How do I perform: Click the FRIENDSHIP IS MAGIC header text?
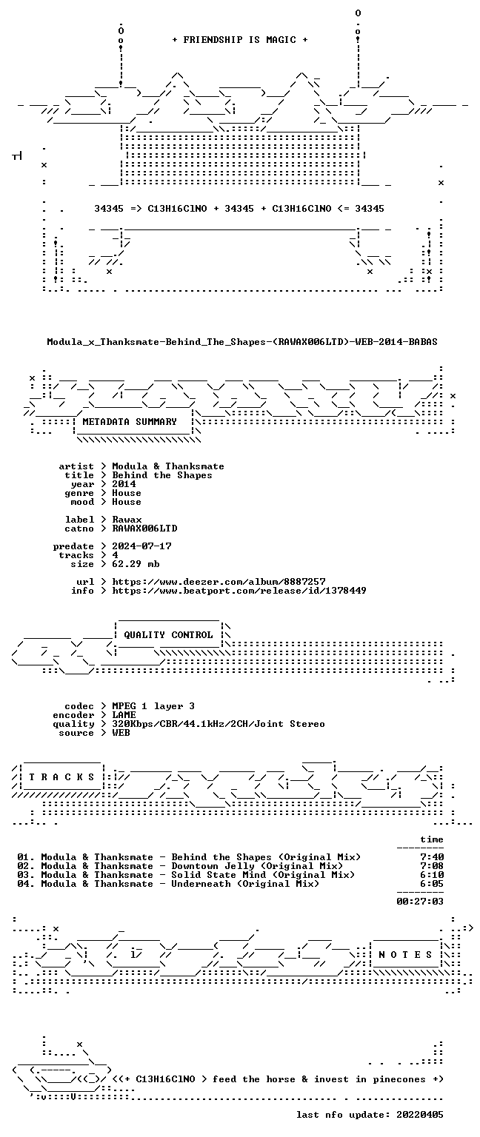[240, 40]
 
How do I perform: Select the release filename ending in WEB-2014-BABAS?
[242, 342]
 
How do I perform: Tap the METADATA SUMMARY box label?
[130, 422]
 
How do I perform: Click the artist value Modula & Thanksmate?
[168, 466]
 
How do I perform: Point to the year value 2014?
[124, 484]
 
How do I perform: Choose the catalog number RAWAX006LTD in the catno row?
[144, 529]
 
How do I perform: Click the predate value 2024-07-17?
[141, 546]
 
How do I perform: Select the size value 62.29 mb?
[136, 564]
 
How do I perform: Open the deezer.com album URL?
[219, 582]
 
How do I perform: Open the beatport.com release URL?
[239, 591]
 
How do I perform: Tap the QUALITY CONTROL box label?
[168, 635]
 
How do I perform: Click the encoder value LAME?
[124, 715]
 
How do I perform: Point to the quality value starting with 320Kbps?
[219, 724]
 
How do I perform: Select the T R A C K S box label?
[61, 777]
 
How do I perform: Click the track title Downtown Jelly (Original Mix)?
[257, 866]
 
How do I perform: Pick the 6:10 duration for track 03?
[432, 875]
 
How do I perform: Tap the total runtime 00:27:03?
[420, 902]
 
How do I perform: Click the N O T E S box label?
[405, 955]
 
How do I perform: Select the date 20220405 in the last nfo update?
[420, 1115]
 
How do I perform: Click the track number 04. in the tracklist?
[26, 884]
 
